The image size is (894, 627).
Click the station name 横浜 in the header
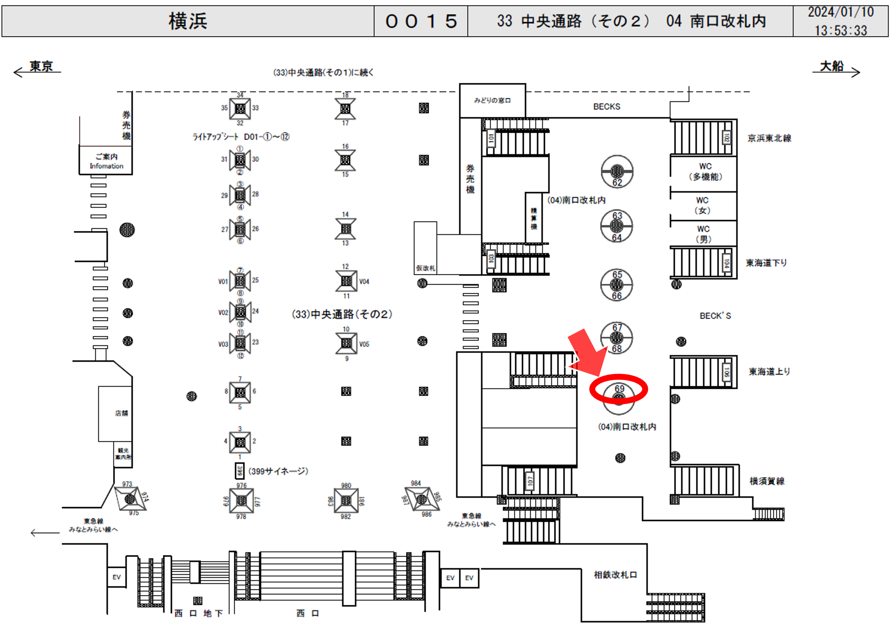tap(188, 21)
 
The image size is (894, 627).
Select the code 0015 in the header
tap(421, 21)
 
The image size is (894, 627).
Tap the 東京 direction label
tap(41, 67)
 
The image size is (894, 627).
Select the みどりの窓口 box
tap(492, 100)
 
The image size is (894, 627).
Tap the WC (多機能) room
tap(705, 172)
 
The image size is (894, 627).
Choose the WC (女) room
tap(703, 205)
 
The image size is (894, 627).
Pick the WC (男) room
tap(703, 234)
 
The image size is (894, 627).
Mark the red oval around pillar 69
tap(618, 389)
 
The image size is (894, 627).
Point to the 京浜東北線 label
tap(769, 138)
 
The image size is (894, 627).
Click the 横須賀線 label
tap(767, 481)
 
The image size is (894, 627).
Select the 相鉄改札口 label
tap(615, 575)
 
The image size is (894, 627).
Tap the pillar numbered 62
tap(617, 171)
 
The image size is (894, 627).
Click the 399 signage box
tap(239, 471)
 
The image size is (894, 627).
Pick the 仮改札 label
tap(425, 268)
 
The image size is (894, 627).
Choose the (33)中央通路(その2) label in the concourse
tap(342, 314)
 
